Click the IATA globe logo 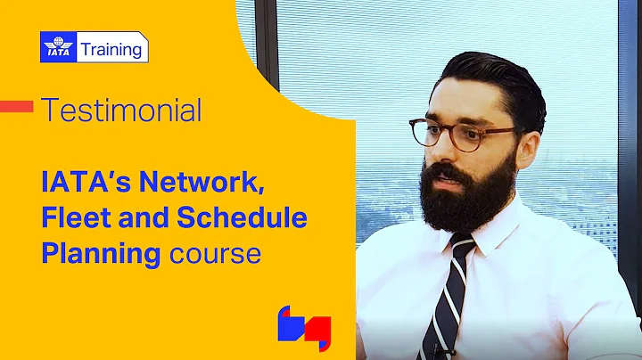59,47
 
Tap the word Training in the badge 111,48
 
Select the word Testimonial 121,110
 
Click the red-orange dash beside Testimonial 16,107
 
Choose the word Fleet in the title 77,218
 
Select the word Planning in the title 100,253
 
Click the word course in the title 211,253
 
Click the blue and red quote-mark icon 304,328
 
